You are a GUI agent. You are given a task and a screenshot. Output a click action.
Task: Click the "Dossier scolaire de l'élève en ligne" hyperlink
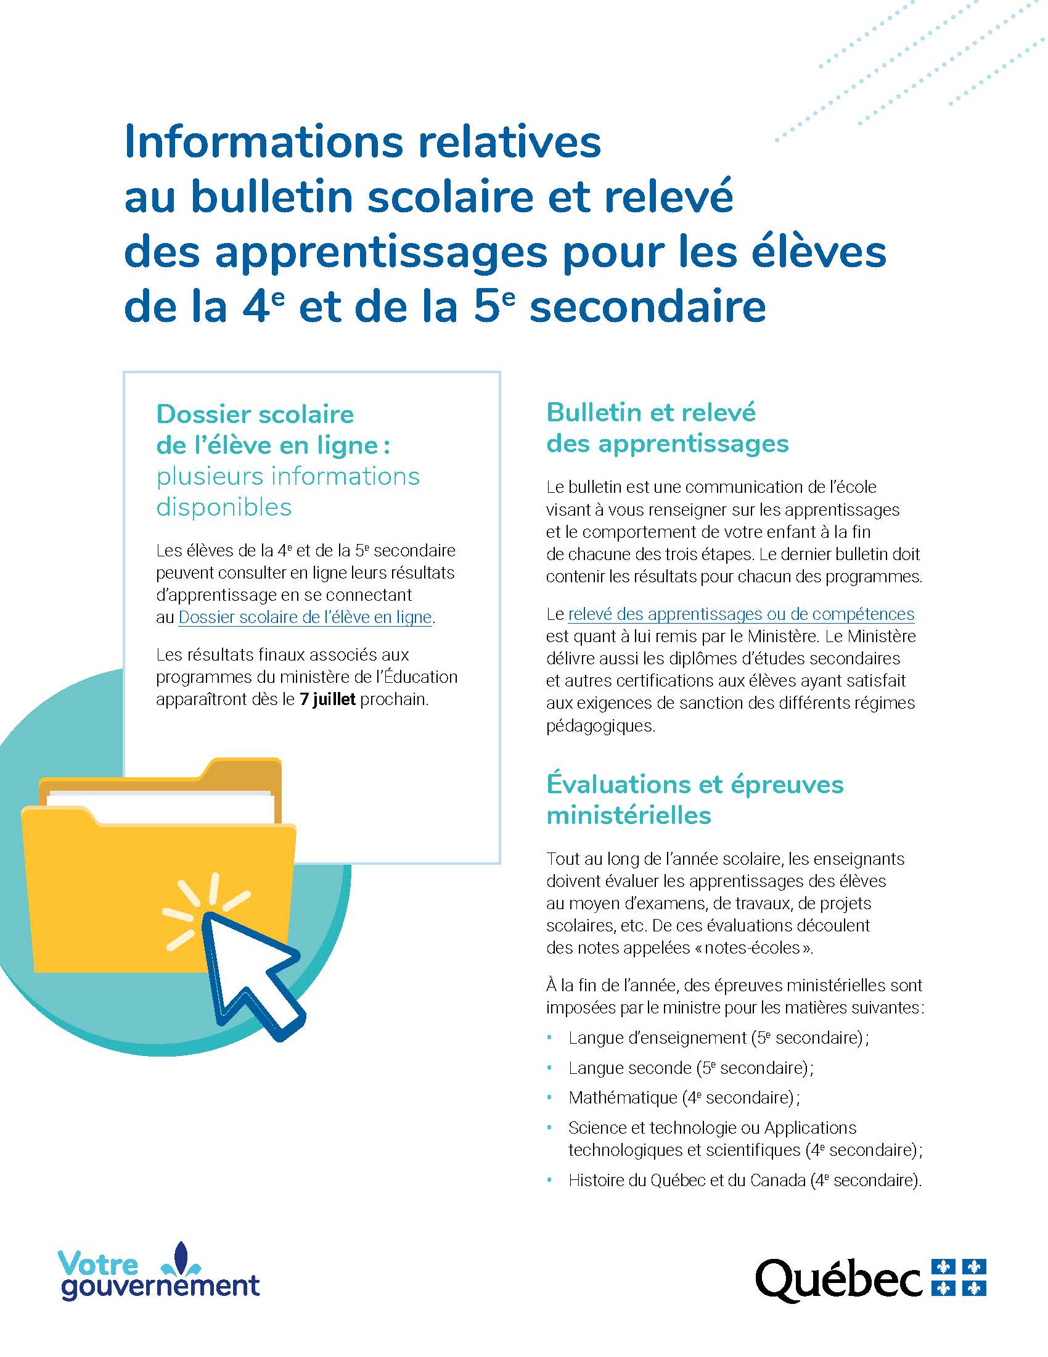pyautogui.click(x=304, y=617)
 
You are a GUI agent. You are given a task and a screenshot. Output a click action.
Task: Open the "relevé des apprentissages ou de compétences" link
pyautogui.click(x=740, y=614)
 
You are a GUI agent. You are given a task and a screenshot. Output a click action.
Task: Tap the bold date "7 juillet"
pyautogui.click(x=327, y=699)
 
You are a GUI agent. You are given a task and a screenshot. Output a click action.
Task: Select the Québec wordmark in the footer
pyautogui.click(x=838, y=1279)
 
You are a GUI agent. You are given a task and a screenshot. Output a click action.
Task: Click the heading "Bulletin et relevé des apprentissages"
pyautogui.click(x=667, y=428)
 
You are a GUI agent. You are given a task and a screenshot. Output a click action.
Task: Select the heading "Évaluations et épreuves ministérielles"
pyautogui.click(x=694, y=799)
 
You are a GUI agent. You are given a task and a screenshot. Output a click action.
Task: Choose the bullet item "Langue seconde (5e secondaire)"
pyautogui.click(x=690, y=1068)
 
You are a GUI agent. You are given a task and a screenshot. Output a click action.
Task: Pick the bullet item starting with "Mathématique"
pyautogui.click(x=683, y=1097)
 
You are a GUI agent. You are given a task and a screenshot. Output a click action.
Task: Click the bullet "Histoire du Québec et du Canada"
pyautogui.click(x=744, y=1180)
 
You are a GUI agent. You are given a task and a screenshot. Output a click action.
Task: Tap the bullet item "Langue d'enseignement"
pyautogui.click(x=717, y=1037)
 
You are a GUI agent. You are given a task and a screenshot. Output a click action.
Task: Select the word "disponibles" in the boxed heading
pyautogui.click(x=224, y=507)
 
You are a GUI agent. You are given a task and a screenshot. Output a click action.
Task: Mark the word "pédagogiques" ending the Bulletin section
pyautogui.click(x=600, y=725)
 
